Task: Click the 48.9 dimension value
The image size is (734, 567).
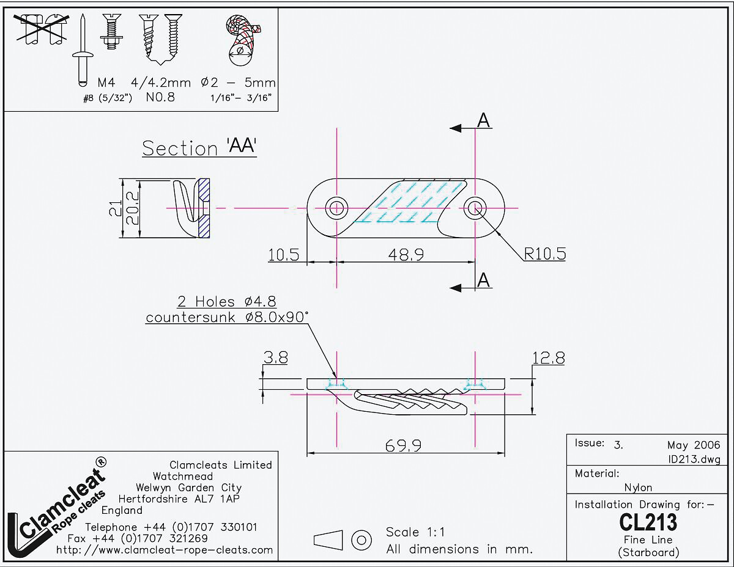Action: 406,254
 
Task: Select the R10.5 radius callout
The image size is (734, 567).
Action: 544,254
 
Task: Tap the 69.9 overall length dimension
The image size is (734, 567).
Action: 403,446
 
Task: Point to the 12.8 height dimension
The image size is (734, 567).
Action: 548,358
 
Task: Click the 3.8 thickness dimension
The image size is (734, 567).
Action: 275,358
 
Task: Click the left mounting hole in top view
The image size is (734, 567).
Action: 336,208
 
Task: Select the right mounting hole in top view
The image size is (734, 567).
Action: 475,208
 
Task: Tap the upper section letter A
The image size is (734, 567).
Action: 483,121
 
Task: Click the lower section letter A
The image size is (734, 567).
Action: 483,280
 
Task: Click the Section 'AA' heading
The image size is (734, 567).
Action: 199,148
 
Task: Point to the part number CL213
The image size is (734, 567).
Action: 648,522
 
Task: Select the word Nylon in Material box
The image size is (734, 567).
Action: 638,488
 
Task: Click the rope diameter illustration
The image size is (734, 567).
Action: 243,40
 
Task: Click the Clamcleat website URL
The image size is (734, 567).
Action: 165,550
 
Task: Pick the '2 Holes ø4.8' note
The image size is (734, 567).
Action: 226,301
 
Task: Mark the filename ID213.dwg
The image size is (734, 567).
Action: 695,459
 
